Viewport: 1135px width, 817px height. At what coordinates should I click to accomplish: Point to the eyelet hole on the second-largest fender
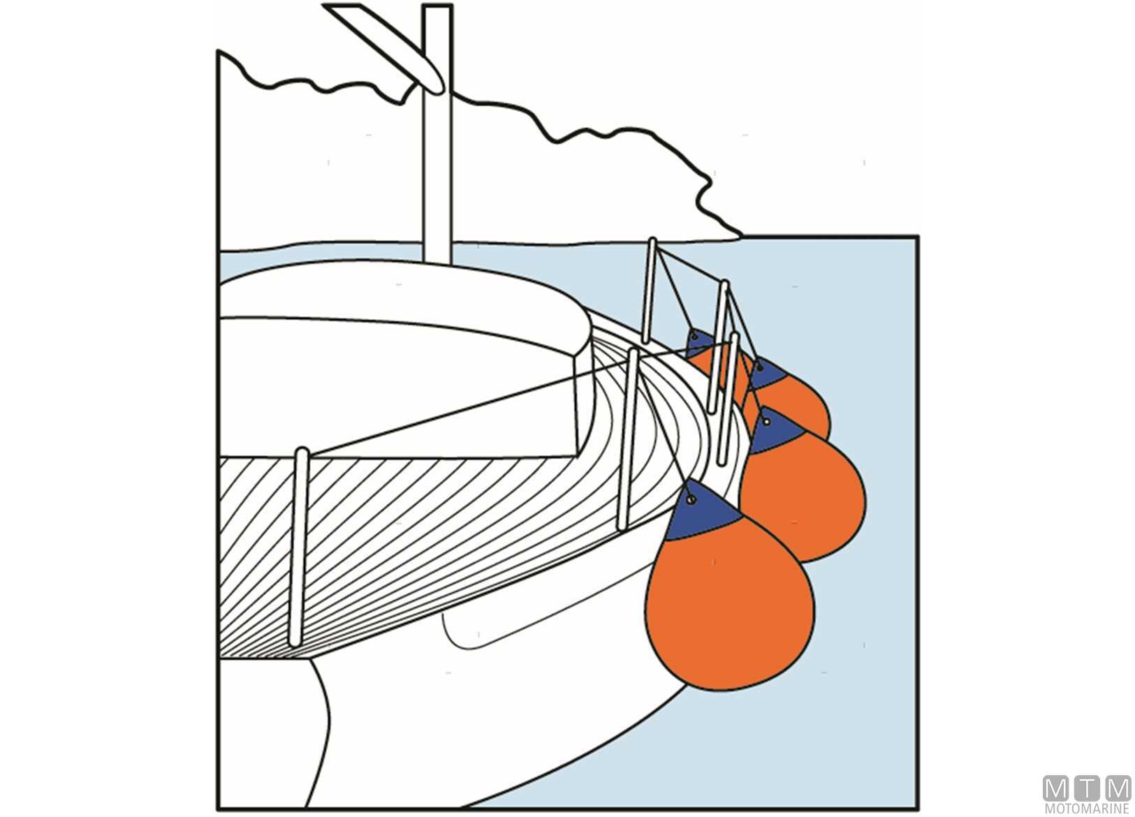point(767,422)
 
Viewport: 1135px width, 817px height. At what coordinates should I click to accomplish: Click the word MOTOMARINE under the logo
point(1087,809)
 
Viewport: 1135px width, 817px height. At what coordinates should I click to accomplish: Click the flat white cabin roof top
point(405,293)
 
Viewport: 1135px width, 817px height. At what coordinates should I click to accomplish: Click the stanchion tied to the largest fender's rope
point(629,440)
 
